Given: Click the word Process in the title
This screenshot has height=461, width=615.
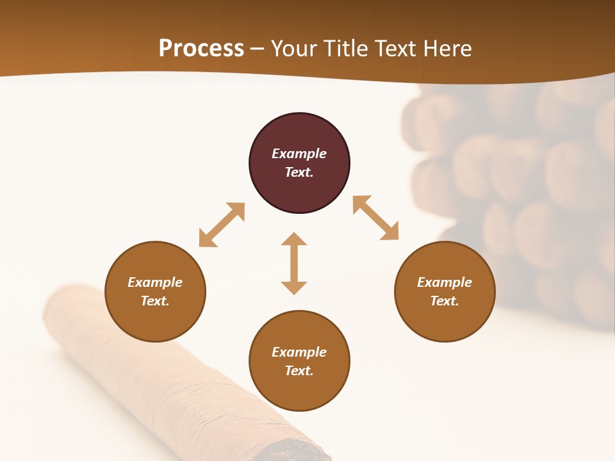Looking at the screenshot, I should pos(201,49).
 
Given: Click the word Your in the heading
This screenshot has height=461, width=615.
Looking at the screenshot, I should pos(291,49).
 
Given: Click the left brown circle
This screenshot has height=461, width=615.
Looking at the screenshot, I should pos(155,320).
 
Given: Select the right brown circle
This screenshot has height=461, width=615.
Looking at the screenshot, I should pos(445,320).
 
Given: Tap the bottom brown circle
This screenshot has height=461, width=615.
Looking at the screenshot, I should pos(299,391).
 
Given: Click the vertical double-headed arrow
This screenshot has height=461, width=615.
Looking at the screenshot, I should pos(294,263).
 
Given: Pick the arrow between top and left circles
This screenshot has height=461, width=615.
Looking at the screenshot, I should pos(222,225).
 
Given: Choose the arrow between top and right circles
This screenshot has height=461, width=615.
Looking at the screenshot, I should pos(375,218).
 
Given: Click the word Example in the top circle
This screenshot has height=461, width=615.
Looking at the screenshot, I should pos(299,154).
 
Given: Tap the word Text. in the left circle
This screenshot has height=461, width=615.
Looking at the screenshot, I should pos(155,301).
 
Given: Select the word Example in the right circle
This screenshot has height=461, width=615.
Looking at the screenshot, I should pos(445,282).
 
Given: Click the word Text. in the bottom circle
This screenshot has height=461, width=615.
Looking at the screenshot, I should pos(299,371).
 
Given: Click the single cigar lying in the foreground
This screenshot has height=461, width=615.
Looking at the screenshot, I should pos(160,371).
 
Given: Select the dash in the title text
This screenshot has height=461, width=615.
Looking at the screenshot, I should pos(258,49).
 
